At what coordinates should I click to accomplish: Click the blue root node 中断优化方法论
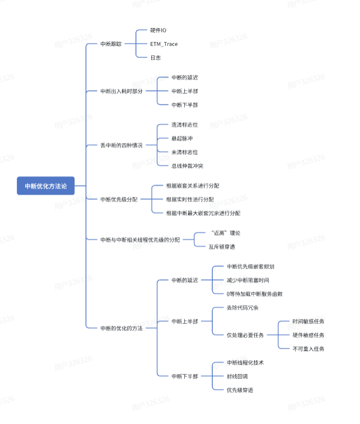pos(45,186)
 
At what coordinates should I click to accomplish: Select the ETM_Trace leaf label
pos(163,44)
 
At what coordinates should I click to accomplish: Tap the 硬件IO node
pos(158,30)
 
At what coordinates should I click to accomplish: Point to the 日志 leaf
pos(156,58)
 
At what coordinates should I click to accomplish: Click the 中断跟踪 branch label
pos(110,44)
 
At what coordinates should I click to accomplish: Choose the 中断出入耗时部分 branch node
pos(121,91)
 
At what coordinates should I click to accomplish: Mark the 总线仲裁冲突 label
pos(188,165)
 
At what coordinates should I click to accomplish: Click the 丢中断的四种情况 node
pos(121,145)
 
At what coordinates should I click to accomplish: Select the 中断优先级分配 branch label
pos(118,199)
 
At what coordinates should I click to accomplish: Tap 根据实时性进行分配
pos(190,199)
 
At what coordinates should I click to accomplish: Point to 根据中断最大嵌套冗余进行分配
pos(203,213)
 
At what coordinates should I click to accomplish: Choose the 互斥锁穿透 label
pos(222,246)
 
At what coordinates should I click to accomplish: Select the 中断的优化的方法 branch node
pos(121,328)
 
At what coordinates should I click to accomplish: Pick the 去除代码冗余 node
pos(242,308)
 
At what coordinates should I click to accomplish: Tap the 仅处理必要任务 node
pos(244,335)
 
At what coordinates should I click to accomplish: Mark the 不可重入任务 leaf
pos(308,348)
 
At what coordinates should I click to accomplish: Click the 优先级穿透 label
pos(239,390)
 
